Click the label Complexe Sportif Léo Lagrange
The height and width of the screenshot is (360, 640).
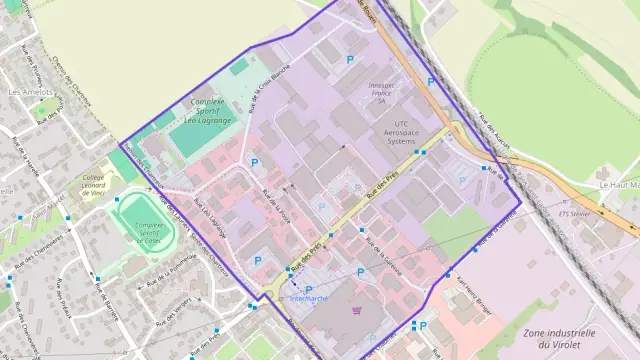205,111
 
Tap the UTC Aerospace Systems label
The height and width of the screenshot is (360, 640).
386,135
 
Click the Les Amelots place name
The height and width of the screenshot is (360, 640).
30,92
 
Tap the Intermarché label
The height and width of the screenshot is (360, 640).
308,298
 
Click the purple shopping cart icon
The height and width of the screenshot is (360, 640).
357,311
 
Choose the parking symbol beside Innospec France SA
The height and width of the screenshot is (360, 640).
349,61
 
